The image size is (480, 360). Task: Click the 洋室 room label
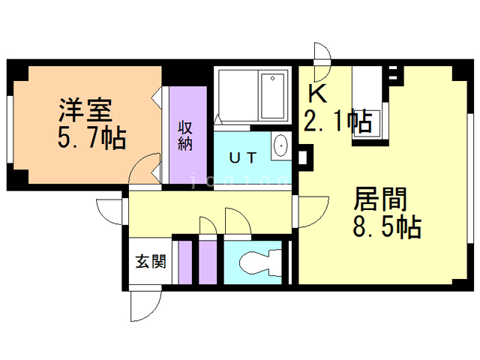pos(85,110)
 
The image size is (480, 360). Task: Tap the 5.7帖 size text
pos(91,138)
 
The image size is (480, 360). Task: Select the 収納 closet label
pos(185,136)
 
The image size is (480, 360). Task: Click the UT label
pos(242,158)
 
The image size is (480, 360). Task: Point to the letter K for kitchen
pos(318,94)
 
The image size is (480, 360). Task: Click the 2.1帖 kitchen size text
pos(338,121)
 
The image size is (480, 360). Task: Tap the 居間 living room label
pos(380,199)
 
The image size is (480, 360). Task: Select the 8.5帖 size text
pos(387,226)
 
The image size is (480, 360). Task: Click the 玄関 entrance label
pos(151,262)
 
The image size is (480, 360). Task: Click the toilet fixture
pos(261,262)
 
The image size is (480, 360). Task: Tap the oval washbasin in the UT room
pos(280,145)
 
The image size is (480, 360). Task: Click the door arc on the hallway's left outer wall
pos(103,216)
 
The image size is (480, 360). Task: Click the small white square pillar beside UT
pos(302,157)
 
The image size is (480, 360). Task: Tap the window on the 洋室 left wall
pos(10,129)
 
